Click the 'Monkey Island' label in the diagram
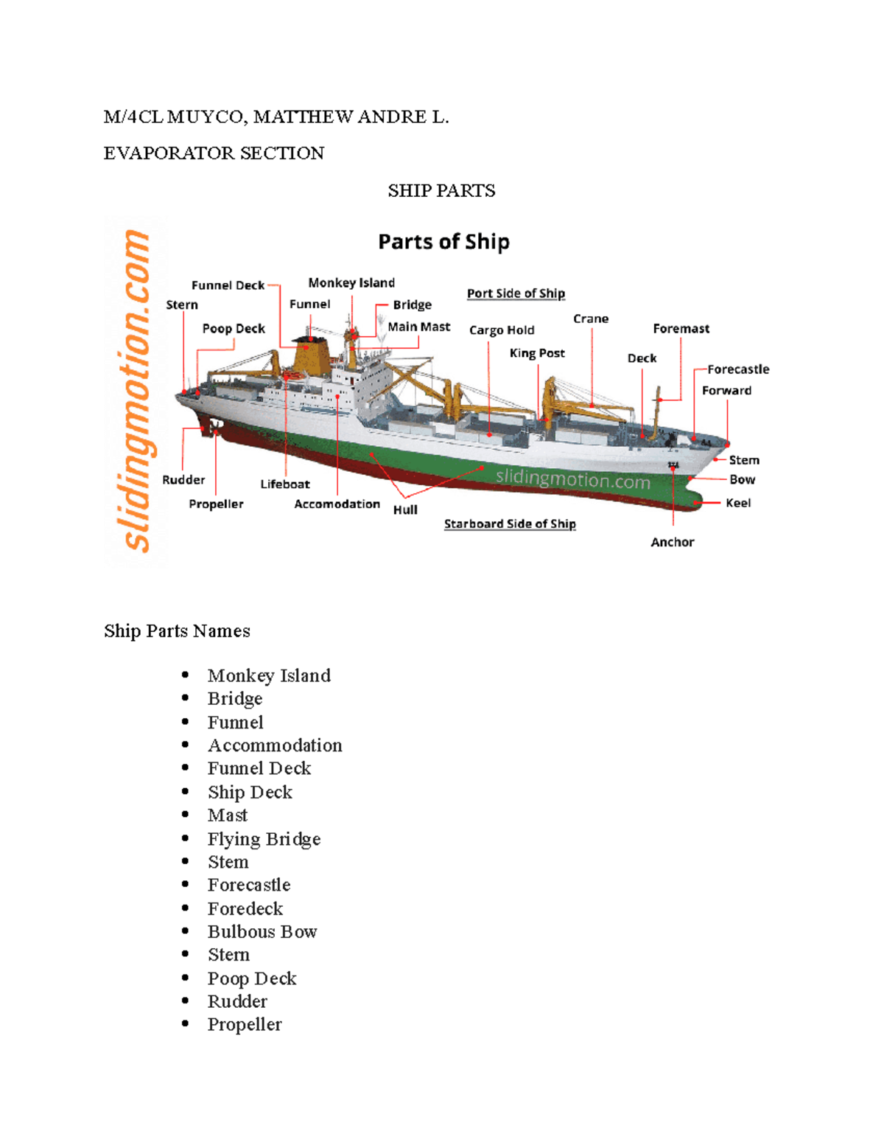(x=351, y=283)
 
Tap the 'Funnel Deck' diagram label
(x=228, y=285)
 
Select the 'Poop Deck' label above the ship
(x=234, y=329)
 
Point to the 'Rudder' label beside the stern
(x=183, y=480)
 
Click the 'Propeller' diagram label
(x=216, y=504)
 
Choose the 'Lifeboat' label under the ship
(x=285, y=484)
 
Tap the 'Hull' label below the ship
(x=405, y=509)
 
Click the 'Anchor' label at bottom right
(x=672, y=542)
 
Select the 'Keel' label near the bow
(x=738, y=503)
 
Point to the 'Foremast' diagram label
(x=681, y=329)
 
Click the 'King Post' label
(x=537, y=353)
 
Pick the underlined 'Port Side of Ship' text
(x=516, y=293)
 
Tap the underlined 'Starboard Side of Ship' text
(x=510, y=523)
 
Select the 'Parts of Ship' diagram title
(x=443, y=242)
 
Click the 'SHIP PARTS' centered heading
(x=441, y=191)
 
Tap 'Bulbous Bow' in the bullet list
(x=262, y=932)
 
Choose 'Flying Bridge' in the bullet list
(x=264, y=839)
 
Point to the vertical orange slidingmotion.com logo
(x=136, y=391)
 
